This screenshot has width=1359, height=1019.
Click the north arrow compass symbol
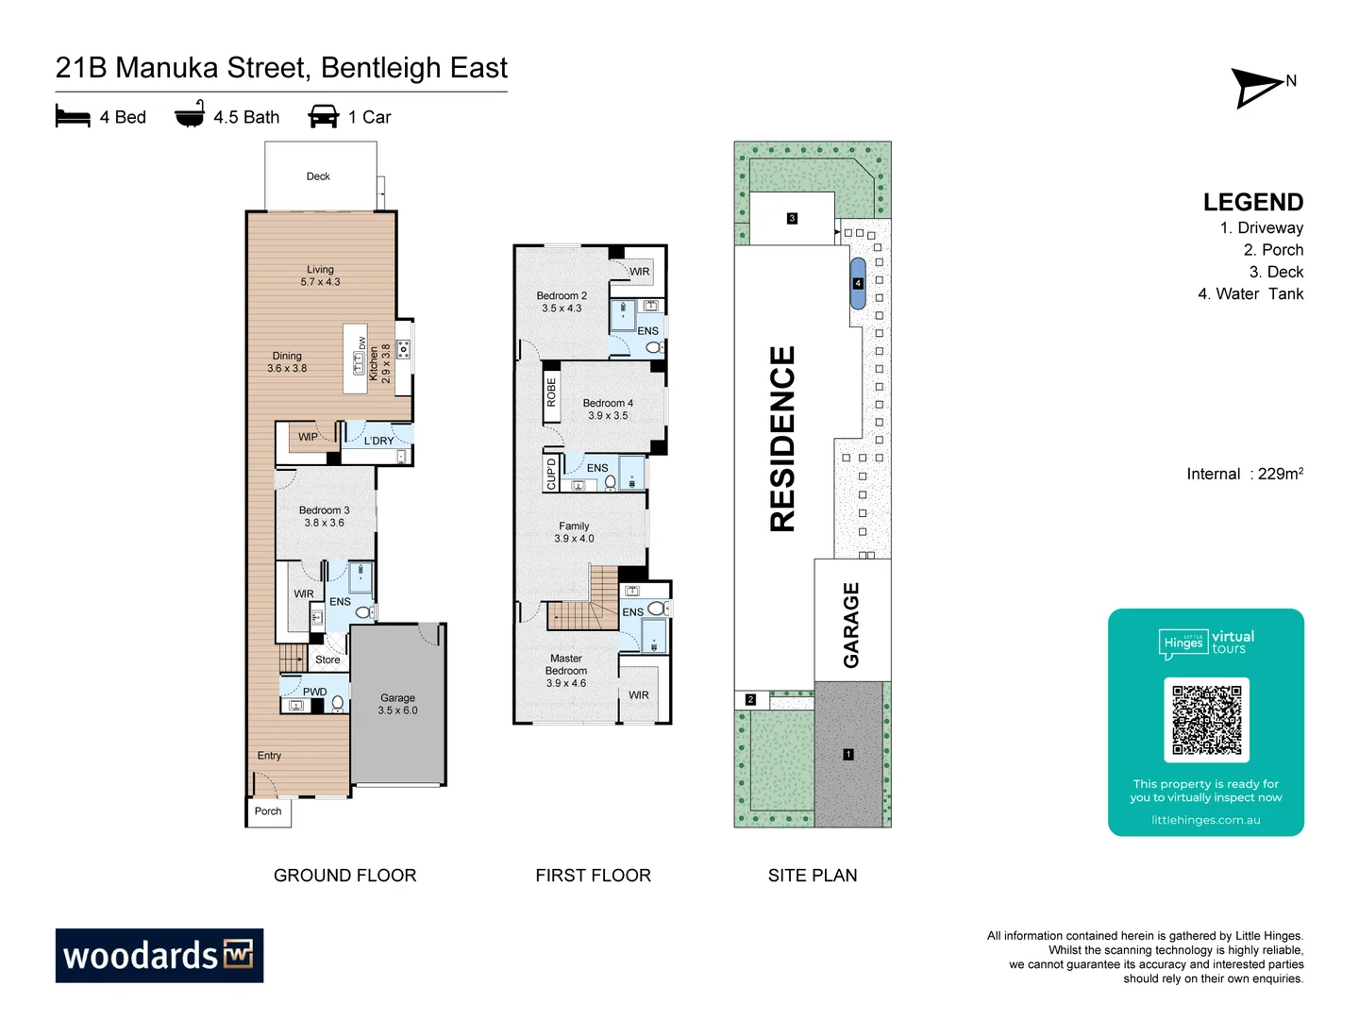1258,88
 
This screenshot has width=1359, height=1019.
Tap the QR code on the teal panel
1206,719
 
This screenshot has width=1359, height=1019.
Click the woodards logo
159,955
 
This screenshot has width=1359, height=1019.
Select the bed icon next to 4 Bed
73,116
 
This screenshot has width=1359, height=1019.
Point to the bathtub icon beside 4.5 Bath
190,114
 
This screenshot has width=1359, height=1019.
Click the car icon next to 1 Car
323,116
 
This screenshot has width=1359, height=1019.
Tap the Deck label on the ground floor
318,176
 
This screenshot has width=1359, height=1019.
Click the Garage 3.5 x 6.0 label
397,704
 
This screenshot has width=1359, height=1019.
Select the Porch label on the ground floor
268,811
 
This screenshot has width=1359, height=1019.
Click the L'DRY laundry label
378,441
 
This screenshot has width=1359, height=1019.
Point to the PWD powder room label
314,692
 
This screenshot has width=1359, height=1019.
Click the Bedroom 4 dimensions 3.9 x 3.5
608,416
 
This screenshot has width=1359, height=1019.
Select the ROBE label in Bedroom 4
551,393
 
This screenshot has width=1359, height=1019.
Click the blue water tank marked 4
858,283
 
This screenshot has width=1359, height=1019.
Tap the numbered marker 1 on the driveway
848,754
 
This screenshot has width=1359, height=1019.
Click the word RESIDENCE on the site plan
782,439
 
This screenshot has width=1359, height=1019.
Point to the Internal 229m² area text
1245,474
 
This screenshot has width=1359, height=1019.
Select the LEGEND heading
1252,202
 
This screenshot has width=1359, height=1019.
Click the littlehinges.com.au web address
1205,820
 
